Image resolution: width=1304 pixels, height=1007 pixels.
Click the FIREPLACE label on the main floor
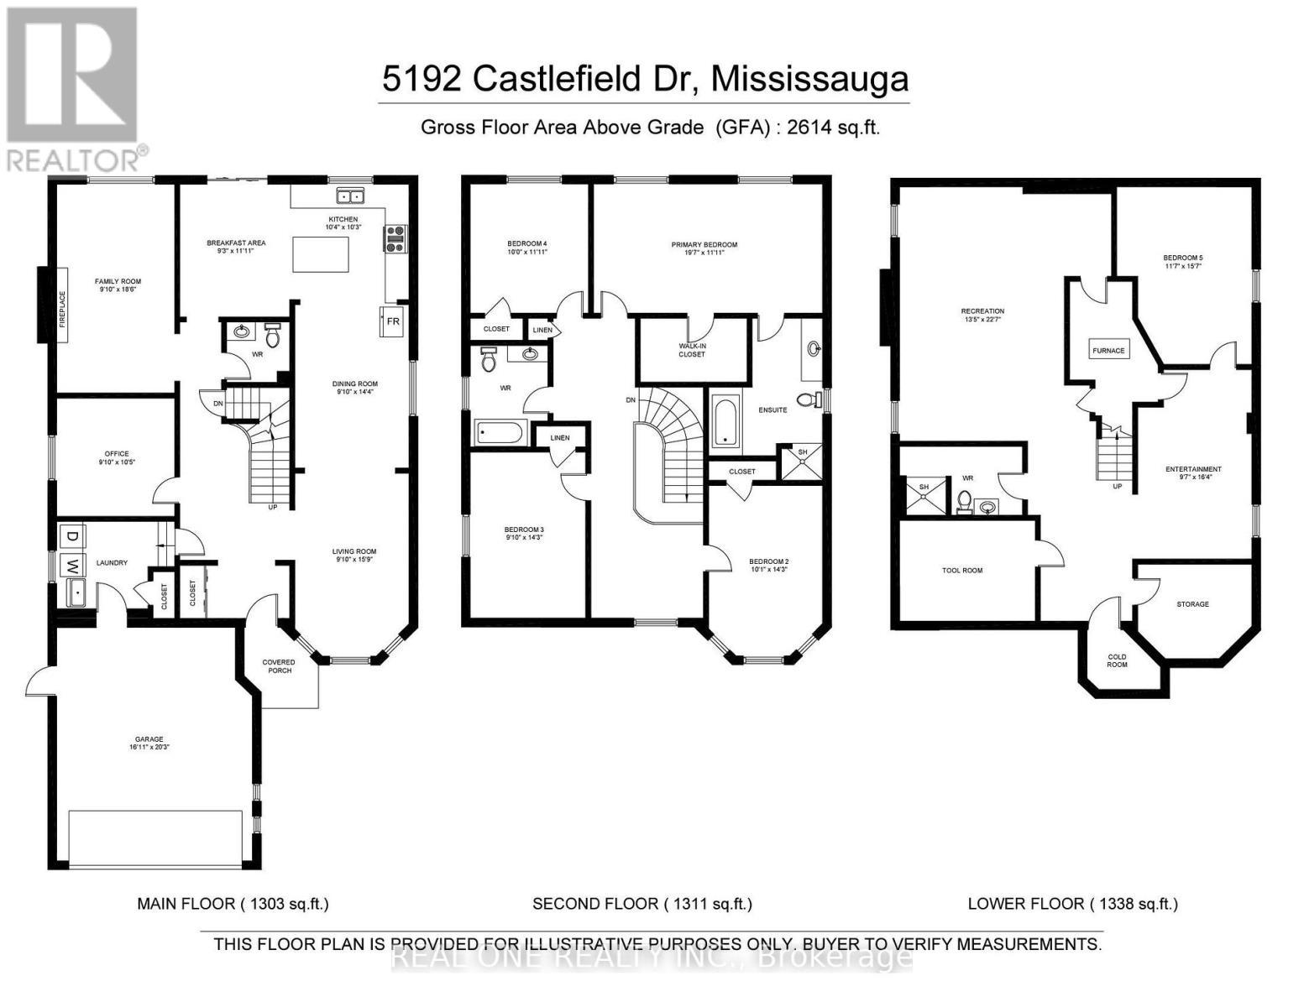[61, 304]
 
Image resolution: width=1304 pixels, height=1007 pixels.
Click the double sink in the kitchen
[350, 196]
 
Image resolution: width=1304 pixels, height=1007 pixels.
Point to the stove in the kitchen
[394, 239]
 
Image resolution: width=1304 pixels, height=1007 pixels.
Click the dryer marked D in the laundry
[72, 536]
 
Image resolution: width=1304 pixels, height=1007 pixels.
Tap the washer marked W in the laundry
[72, 565]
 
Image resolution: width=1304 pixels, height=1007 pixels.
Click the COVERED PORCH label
[279, 666]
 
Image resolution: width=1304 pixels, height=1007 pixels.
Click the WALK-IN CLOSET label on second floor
[692, 350]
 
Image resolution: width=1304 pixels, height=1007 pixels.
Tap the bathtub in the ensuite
[725, 422]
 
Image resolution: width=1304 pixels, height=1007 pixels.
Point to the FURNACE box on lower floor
[1108, 350]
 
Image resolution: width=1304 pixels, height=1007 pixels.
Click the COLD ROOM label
[1117, 660]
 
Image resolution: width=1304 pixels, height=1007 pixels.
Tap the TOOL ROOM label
[961, 571]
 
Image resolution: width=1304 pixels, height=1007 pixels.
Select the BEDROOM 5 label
[1188, 262]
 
